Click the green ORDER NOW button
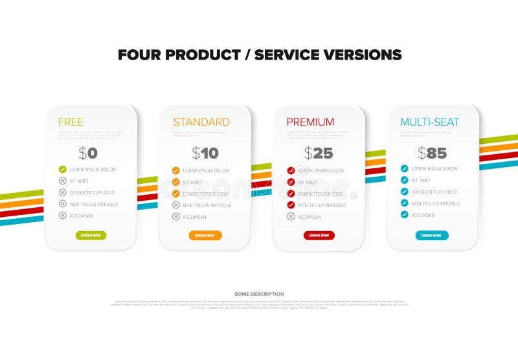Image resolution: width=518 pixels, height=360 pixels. (x=91, y=236)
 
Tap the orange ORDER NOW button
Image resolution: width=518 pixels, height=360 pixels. (x=205, y=236)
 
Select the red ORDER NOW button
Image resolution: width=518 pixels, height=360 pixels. (x=319, y=236)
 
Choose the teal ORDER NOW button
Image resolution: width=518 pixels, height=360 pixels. (x=432, y=236)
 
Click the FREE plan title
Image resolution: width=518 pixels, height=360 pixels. (x=71, y=122)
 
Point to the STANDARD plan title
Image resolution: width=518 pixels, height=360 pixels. (x=201, y=122)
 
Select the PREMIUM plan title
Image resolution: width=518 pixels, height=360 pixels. (x=310, y=122)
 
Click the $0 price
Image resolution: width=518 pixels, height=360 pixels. (x=88, y=153)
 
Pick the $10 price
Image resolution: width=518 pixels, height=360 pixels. (x=205, y=153)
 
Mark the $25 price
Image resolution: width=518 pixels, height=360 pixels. (x=319, y=153)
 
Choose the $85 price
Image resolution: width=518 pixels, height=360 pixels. (x=432, y=153)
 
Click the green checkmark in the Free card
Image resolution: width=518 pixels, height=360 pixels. (x=63, y=170)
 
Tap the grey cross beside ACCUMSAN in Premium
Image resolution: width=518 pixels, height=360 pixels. (x=291, y=216)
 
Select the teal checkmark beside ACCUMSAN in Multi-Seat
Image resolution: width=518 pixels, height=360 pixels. (x=405, y=214)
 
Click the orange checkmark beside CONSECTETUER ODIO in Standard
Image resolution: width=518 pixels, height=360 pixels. (x=176, y=194)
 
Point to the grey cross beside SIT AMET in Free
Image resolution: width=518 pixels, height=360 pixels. (x=63, y=181)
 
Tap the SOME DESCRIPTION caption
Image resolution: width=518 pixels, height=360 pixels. (x=259, y=295)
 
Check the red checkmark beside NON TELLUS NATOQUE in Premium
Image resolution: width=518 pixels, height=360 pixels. (x=291, y=205)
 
